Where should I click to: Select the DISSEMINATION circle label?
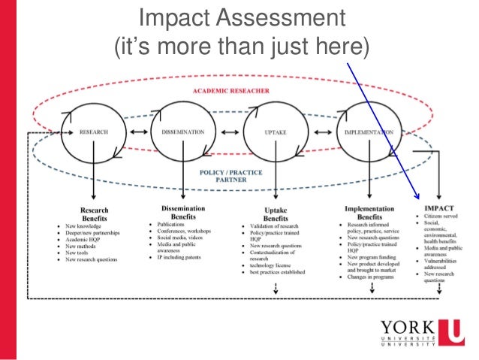point(182,132)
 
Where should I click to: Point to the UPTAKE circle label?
point(273,132)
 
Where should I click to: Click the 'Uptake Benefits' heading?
point(276,214)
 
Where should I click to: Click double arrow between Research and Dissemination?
point(138,132)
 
